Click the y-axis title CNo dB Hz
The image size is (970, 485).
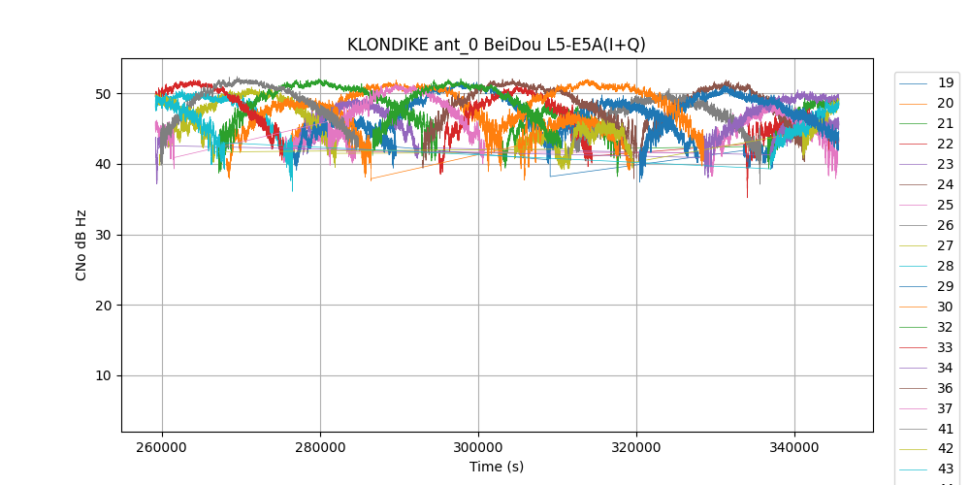pos(81,245)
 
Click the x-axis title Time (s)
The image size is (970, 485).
pos(497,467)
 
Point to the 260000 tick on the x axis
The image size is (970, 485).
pos(162,448)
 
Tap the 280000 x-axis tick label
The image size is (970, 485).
pos(320,448)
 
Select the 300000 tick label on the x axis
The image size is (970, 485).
pos(478,448)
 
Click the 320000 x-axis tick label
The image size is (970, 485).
pos(636,448)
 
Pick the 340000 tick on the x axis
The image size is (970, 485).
pos(794,448)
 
